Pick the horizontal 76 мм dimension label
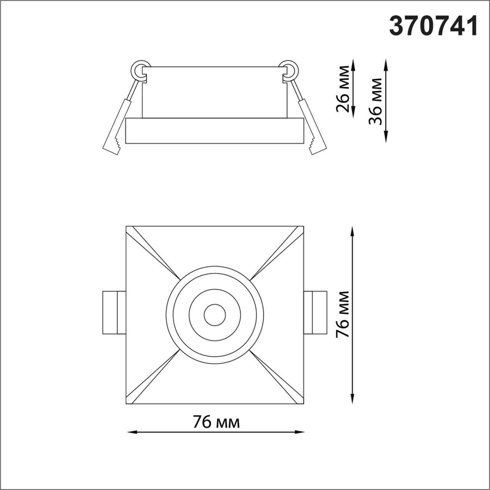[x=216, y=422]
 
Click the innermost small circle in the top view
[x=214, y=315]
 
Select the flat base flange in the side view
[x=215, y=131]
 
